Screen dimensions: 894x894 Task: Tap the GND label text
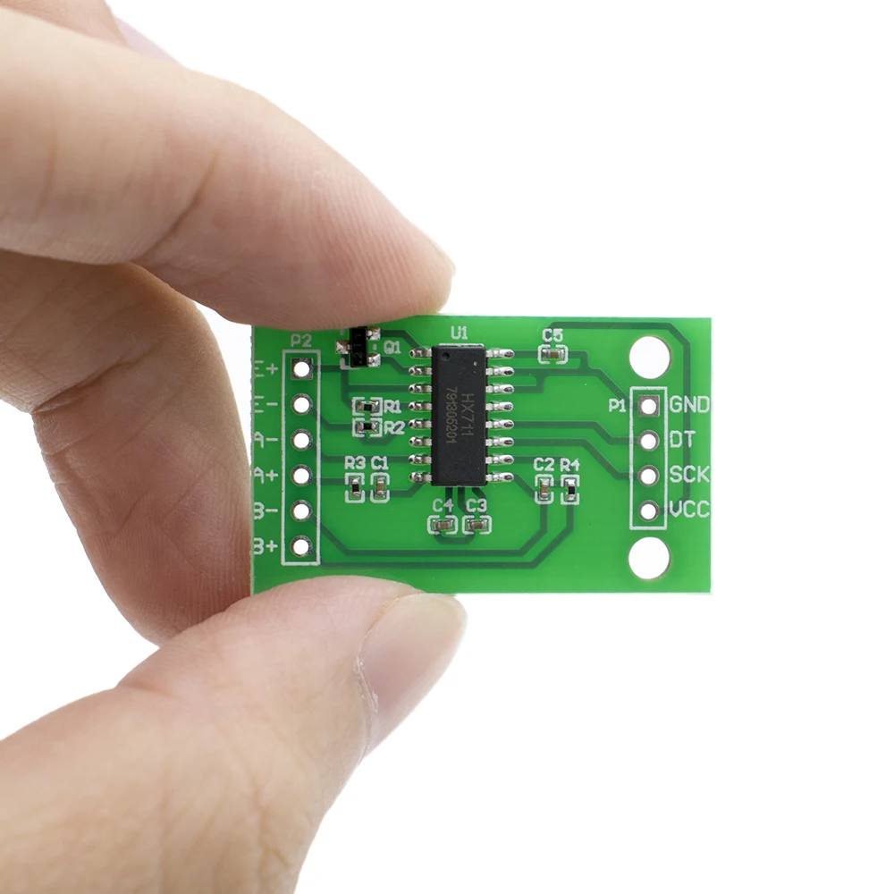coord(689,405)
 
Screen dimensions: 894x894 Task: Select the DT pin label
coord(682,440)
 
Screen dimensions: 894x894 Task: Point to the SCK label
coord(689,475)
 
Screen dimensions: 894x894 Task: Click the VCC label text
coord(689,510)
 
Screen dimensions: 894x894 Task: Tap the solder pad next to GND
coord(649,405)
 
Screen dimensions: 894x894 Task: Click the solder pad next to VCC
coord(649,510)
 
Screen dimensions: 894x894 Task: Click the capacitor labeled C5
coord(553,355)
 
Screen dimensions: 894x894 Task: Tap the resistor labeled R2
coord(363,428)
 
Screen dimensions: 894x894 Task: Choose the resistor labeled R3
coord(355,487)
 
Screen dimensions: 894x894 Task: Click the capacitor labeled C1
coord(380,487)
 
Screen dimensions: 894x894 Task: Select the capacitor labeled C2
coord(544,489)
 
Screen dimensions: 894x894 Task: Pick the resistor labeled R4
coord(569,489)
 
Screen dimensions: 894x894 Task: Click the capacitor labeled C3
coord(477,525)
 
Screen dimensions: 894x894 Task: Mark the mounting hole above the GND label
coord(649,357)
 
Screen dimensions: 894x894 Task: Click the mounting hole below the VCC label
coord(649,559)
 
